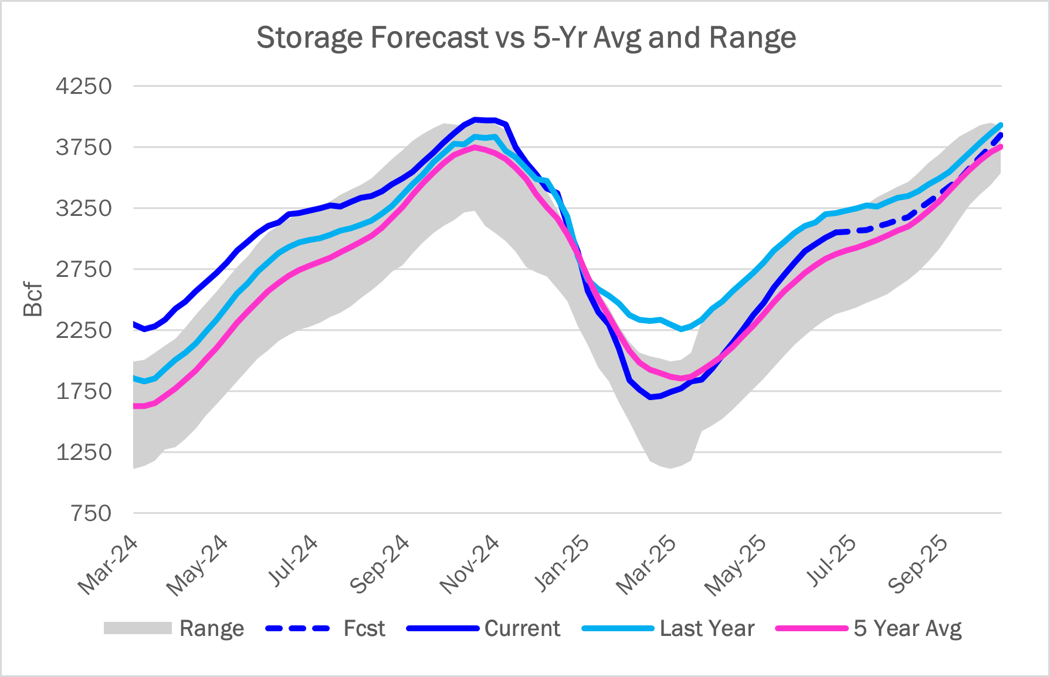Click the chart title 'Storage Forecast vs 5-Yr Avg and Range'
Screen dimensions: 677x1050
(526, 38)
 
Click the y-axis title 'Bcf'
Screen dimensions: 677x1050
(33, 300)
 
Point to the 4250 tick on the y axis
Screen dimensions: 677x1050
(83, 86)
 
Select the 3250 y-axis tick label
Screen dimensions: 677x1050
(83, 208)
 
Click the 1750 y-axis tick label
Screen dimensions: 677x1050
(83, 391)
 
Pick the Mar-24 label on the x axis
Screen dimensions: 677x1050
(109, 565)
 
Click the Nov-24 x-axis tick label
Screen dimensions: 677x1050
(470, 565)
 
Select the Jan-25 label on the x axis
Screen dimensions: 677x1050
(562, 563)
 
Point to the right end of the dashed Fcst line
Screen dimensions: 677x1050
(1001, 134)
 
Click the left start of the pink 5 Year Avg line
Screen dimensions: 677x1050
(134, 406)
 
